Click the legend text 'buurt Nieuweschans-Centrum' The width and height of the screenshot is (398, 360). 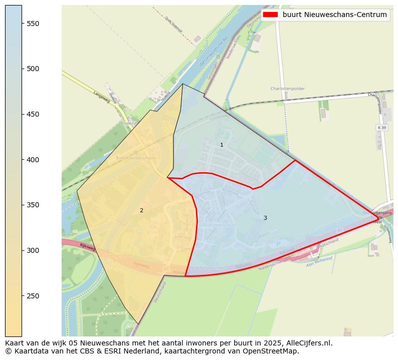click(x=334, y=15)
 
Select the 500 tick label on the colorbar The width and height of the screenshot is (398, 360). click(x=34, y=69)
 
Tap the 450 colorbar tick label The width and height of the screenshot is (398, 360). click(x=34, y=114)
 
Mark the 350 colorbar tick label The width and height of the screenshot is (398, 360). click(x=34, y=205)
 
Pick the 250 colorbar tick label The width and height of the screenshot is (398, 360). click(x=34, y=296)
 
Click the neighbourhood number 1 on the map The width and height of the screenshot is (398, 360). click(x=222, y=145)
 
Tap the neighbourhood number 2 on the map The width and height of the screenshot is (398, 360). click(x=141, y=210)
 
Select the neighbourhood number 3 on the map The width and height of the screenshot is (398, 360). click(x=265, y=218)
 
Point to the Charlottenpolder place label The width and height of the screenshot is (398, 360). click(x=287, y=89)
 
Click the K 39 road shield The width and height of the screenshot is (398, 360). click(x=381, y=128)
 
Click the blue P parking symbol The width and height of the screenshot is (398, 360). click(x=279, y=244)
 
